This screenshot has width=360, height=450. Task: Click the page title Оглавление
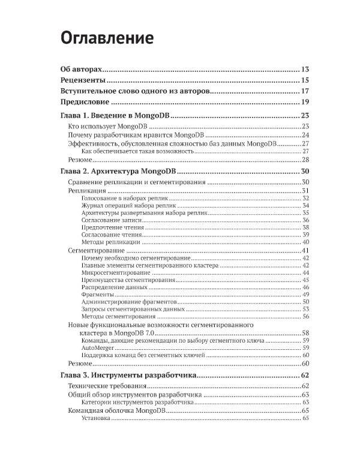click(107, 38)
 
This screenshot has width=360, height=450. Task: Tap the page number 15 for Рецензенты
click(305, 80)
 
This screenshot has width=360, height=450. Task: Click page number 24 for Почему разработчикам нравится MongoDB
click(305, 136)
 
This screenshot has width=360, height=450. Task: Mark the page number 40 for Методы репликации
click(305, 242)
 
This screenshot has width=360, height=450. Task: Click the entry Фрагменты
click(97, 294)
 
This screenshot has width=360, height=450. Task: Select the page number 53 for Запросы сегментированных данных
click(305, 309)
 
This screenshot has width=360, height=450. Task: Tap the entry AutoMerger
click(97, 347)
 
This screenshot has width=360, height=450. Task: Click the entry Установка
click(95, 418)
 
